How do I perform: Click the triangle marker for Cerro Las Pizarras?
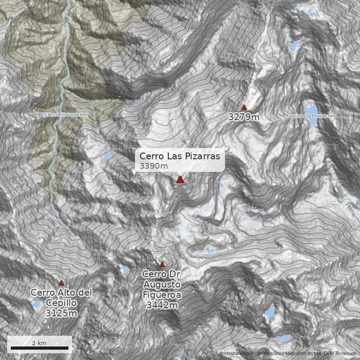[x=180, y=180]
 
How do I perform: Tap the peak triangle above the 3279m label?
[x=244, y=108]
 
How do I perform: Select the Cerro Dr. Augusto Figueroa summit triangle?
[x=162, y=264]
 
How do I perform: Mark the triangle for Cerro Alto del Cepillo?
[x=61, y=283]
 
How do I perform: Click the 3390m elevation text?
[x=154, y=166]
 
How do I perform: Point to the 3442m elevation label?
[x=162, y=306]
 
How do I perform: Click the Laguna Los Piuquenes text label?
[x=311, y=116]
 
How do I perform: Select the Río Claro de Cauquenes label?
[x=63, y=115]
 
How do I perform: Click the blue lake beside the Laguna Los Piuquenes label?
[x=310, y=109]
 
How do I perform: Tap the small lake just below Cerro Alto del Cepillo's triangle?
[x=36, y=305]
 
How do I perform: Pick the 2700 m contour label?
[x=260, y=209]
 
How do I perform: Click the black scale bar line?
[x=40, y=348]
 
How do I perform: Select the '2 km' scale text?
[x=39, y=343]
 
